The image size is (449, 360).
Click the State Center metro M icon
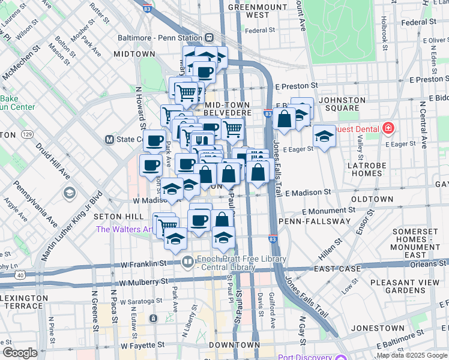[x=110, y=139]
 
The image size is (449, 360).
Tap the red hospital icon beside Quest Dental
[x=388, y=129]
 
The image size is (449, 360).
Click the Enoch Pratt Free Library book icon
[x=188, y=262]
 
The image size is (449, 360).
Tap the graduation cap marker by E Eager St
[x=324, y=136]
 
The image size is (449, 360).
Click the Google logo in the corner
[x=19, y=353]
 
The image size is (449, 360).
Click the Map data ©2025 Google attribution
[x=411, y=355]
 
